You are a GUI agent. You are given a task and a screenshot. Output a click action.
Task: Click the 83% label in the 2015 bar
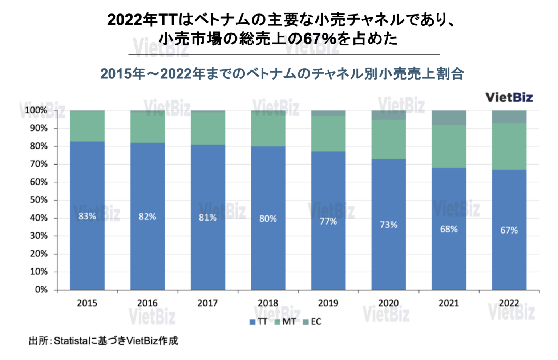[x=87, y=216]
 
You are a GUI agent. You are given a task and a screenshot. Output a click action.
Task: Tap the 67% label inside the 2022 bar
[x=509, y=230]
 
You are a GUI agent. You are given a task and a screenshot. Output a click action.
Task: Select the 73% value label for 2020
[x=388, y=225]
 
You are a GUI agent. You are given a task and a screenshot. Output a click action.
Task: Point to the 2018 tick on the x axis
[x=268, y=303]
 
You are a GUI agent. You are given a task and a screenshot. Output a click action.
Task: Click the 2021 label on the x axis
[x=449, y=303]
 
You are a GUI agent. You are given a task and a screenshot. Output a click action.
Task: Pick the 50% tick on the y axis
[x=39, y=200]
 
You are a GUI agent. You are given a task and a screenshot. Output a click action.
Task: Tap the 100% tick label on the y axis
[x=36, y=110]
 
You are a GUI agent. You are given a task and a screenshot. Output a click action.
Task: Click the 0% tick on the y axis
[x=41, y=290]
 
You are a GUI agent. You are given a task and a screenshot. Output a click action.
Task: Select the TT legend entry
[x=258, y=322]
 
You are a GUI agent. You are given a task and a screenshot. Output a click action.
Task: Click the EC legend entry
[x=312, y=322]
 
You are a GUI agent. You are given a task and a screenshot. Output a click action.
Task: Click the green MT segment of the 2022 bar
[x=509, y=146]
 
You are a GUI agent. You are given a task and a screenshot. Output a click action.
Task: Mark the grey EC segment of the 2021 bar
[x=449, y=117]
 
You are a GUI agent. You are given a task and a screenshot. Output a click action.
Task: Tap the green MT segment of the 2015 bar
[x=87, y=126]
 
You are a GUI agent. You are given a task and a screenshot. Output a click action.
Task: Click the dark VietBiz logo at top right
[x=509, y=97]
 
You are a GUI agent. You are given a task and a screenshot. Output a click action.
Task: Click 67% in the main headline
[x=319, y=39]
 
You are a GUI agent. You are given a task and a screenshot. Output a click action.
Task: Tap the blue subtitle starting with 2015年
[x=282, y=74]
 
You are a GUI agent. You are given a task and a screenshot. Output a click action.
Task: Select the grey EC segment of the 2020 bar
[x=388, y=115]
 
